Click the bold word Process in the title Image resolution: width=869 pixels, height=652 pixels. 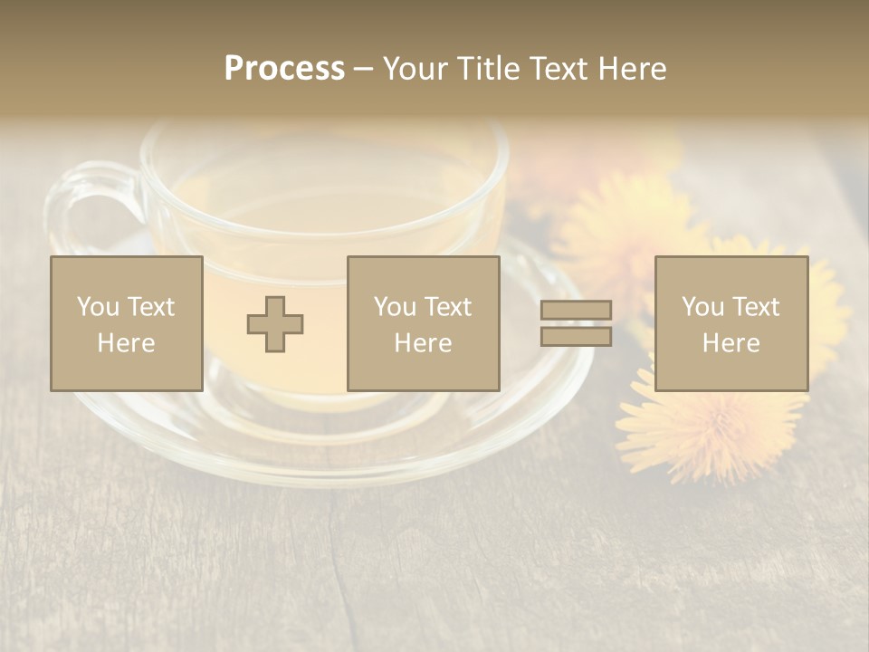284,69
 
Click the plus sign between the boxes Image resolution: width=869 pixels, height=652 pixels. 275,324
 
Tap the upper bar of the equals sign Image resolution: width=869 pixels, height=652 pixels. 576,310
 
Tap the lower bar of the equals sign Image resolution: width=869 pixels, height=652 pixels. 576,337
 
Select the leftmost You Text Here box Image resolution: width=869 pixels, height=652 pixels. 126,323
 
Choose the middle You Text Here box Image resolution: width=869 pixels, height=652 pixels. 423,323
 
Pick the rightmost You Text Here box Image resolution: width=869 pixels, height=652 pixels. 731,323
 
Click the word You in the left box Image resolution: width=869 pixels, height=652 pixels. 98,307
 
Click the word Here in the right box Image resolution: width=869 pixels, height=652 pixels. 731,343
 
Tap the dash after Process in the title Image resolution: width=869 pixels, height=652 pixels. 364,69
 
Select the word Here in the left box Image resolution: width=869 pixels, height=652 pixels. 126,343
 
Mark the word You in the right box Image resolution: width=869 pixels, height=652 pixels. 702,307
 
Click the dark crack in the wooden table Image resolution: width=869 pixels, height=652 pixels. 337,561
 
